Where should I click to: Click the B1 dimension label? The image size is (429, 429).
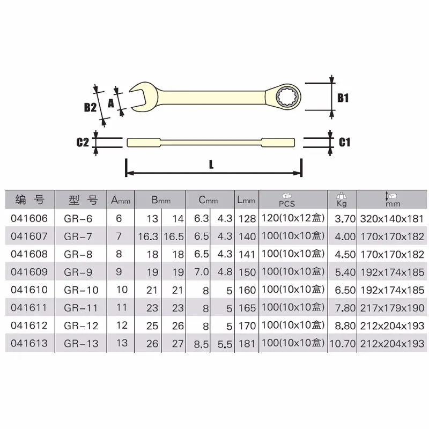(x=343, y=98)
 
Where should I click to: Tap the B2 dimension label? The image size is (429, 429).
(x=90, y=107)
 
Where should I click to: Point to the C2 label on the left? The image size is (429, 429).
(x=82, y=142)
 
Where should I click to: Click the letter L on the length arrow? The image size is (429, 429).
(x=212, y=166)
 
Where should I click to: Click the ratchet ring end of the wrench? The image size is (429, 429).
(x=287, y=97)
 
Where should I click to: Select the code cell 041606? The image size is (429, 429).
(x=28, y=218)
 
